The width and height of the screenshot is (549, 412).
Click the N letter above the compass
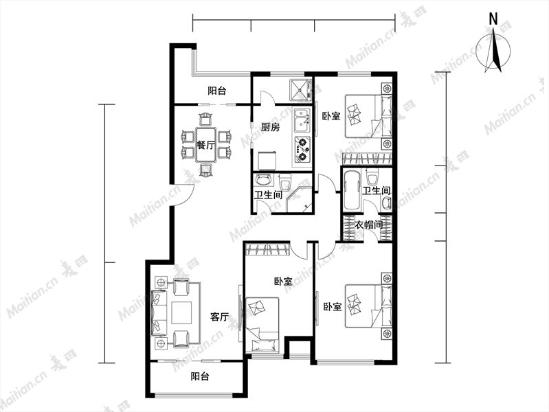click(x=493, y=19)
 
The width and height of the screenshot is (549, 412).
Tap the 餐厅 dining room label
click(x=206, y=146)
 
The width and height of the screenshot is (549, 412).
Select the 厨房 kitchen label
click(x=270, y=127)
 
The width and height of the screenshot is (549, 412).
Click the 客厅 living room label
click(x=219, y=317)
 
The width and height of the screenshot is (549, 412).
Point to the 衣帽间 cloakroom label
click(x=369, y=225)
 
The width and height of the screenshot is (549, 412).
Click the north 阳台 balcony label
click(x=216, y=91)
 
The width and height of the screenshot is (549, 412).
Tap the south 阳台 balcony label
click(x=200, y=377)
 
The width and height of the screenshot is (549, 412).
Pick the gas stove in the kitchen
click(x=302, y=150)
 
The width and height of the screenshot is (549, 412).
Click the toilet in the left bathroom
click(x=285, y=182)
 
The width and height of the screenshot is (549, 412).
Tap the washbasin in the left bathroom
click(x=263, y=180)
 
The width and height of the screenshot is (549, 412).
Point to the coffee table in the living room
click(x=181, y=313)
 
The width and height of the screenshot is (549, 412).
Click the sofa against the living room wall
click(x=159, y=312)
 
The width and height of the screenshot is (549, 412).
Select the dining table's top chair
click(x=205, y=119)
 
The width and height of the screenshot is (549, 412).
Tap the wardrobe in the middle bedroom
click(x=268, y=249)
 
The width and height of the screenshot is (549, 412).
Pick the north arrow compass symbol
click(x=494, y=51)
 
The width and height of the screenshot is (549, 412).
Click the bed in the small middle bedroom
click(x=262, y=325)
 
